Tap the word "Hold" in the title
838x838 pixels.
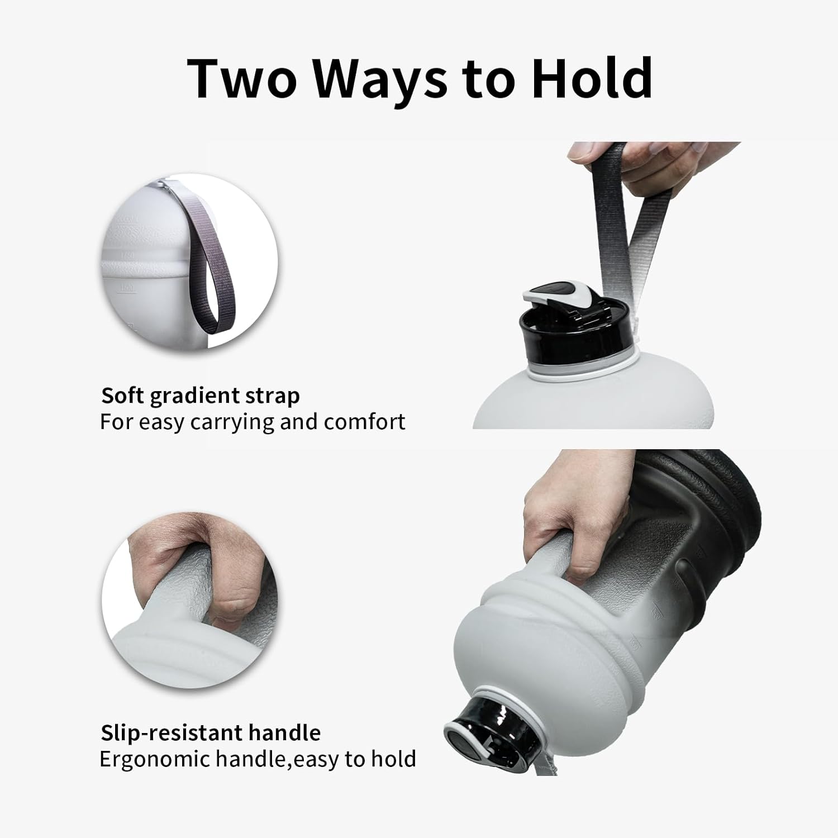click(592, 78)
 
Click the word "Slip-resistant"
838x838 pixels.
click(170, 732)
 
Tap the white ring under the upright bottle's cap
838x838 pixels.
click(581, 372)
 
